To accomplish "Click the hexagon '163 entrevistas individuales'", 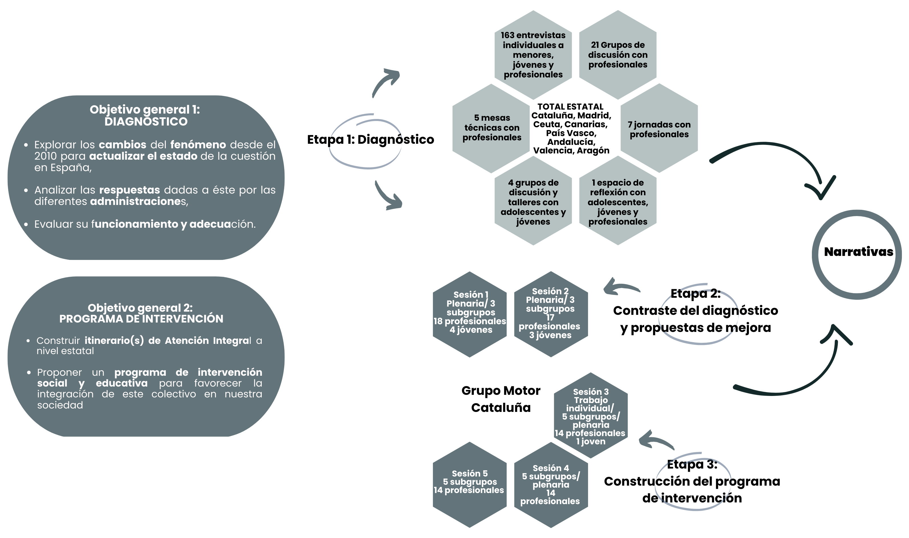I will click(x=533, y=55).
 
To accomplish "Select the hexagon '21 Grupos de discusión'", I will click(x=617, y=55).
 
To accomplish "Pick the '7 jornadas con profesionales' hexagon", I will click(x=659, y=129).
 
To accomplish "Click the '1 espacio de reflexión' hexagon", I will click(x=617, y=202).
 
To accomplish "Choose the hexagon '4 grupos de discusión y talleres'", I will click(x=533, y=202).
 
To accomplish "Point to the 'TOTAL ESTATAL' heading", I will click(x=570, y=106).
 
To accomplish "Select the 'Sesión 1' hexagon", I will click(x=470, y=312).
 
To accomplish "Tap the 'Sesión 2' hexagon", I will click(x=550, y=313).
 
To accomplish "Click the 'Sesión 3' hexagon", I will click(x=591, y=416).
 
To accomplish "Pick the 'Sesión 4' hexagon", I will click(x=550, y=484).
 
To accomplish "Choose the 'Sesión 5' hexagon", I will click(x=470, y=482).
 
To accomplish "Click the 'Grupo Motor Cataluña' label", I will click(x=501, y=399).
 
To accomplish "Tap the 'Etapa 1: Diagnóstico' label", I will click(x=370, y=139).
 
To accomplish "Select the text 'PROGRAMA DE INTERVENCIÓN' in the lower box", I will click(x=142, y=319).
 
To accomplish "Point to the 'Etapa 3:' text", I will click(x=692, y=464).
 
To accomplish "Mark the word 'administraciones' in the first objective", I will click(x=138, y=202).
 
